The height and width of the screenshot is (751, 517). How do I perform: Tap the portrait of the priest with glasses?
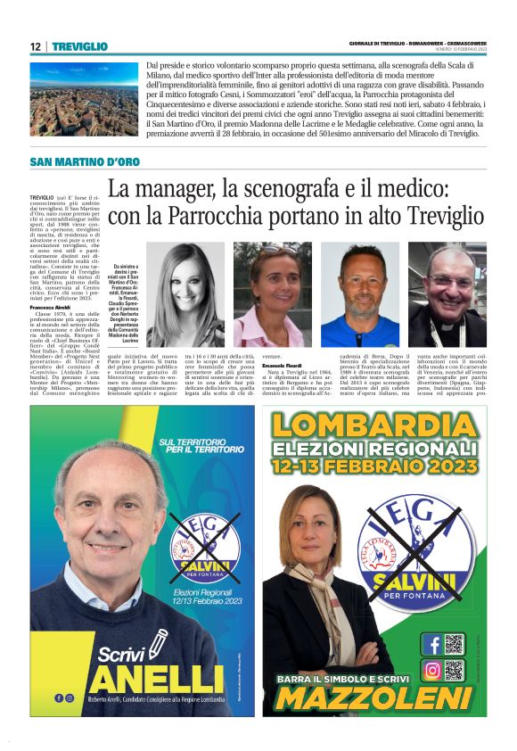pyautogui.click(x=447, y=294)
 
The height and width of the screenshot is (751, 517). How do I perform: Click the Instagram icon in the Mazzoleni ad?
pyautogui.click(x=431, y=670)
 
